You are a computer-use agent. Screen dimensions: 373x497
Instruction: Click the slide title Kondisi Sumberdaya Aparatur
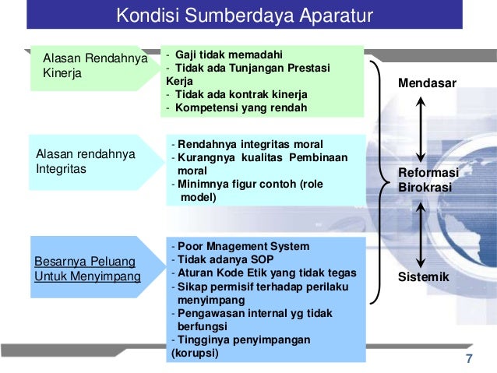coord(245,16)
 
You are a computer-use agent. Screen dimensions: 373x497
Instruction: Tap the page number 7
coord(468,358)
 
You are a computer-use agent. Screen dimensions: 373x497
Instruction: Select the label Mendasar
coord(428,83)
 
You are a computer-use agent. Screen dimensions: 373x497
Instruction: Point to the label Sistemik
coord(424,277)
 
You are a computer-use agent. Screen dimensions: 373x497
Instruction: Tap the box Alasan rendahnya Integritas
coord(83,162)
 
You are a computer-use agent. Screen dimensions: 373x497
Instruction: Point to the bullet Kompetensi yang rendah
coord(241,107)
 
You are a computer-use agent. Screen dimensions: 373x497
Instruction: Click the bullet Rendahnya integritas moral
coord(250,144)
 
